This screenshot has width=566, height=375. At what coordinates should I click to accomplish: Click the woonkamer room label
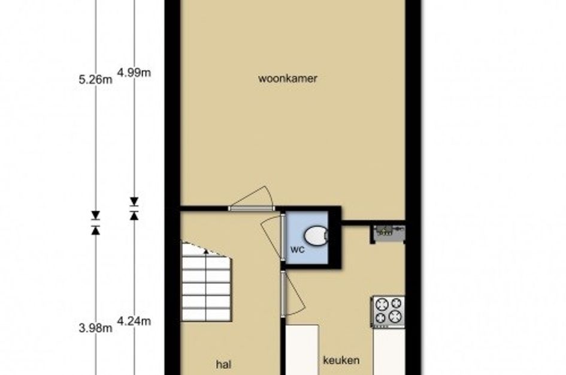pos(287,79)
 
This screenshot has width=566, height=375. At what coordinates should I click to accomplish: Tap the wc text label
pos(298,249)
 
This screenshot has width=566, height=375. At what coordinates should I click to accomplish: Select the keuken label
pos(341,360)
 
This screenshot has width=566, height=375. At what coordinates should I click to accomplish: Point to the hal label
pos(223,364)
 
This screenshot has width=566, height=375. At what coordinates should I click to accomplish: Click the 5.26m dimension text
pos(95,80)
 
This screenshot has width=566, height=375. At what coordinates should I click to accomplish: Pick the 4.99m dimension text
pos(134,73)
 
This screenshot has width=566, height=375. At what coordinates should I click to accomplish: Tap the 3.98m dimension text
pos(95,328)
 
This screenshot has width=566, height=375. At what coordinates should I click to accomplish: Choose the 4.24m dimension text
pos(134,321)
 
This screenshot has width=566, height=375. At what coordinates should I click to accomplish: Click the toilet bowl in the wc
pos(316,235)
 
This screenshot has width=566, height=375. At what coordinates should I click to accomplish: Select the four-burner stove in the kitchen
pos(388,311)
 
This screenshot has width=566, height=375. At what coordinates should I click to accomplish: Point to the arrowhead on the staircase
pos(206,251)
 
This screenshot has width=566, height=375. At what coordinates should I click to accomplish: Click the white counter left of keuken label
pos(302,350)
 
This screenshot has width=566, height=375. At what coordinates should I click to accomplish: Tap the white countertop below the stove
pos(388,352)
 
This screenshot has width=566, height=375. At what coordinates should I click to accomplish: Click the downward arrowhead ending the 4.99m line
pos(134,202)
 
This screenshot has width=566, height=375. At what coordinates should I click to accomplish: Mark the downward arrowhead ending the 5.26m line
pos(95,215)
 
